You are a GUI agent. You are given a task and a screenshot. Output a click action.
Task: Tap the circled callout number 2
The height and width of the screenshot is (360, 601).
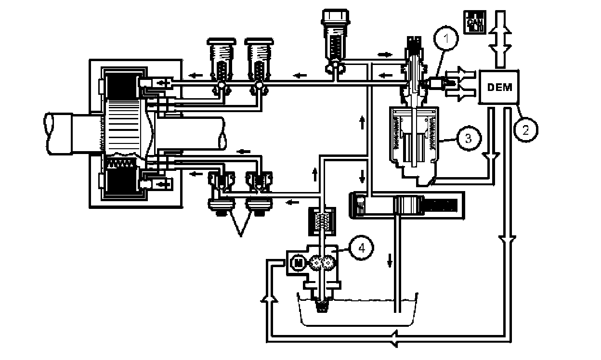click(525, 129)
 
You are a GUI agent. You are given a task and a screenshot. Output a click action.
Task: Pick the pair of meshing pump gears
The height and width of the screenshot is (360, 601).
click(322, 263)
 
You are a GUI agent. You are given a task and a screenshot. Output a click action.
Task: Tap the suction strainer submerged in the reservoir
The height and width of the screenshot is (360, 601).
click(321, 304)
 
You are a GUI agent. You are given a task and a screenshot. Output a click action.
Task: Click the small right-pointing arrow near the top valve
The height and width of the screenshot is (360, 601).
click(384, 54)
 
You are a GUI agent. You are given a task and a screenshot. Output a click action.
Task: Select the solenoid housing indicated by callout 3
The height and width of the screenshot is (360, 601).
click(413, 140)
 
